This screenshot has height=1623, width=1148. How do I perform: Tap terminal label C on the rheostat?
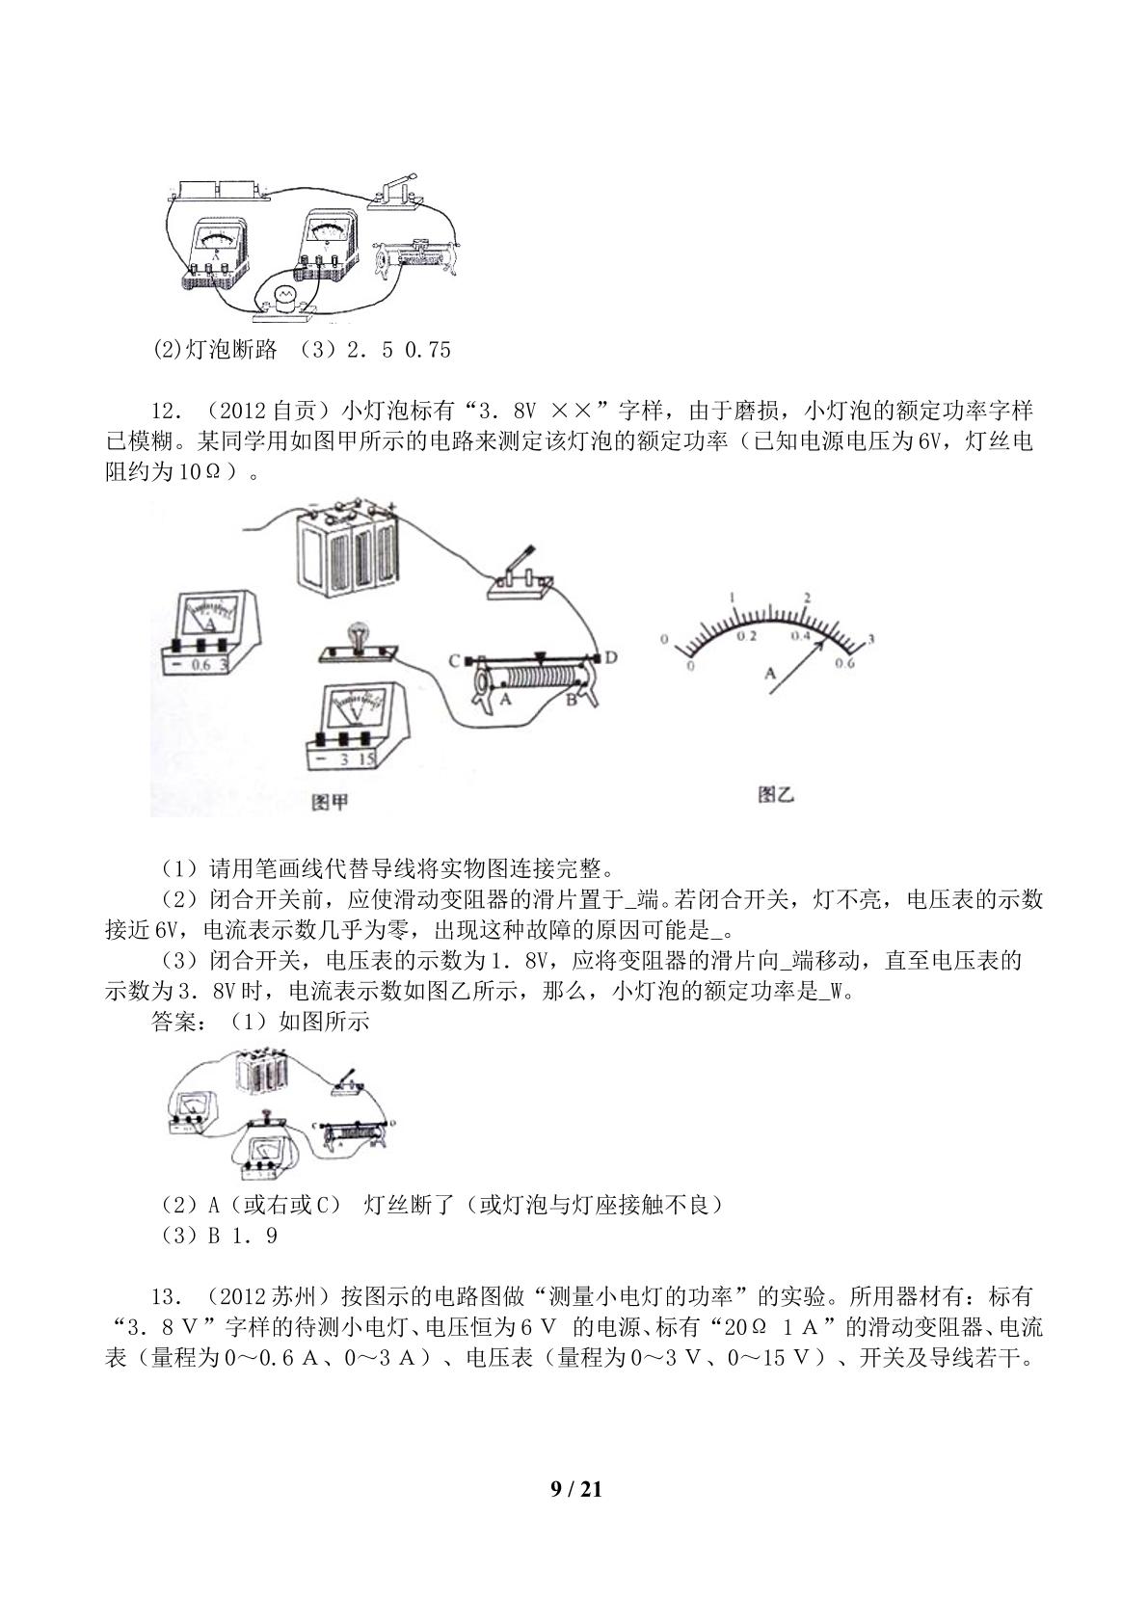click(x=454, y=660)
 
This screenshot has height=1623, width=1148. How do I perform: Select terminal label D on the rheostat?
click(x=610, y=657)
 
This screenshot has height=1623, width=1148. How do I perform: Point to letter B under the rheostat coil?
click(x=571, y=699)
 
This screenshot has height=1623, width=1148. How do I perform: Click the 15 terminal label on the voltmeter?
click(x=366, y=758)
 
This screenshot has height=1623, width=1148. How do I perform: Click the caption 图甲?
click(x=330, y=802)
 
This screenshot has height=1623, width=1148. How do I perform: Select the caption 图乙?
click(x=776, y=795)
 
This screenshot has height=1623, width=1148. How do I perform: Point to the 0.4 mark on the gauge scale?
click(x=801, y=635)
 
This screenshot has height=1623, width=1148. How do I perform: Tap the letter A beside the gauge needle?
click(x=770, y=673)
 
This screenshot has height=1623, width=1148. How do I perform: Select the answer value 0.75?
click(x=428, y=350)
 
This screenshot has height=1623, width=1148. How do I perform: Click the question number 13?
click(x=166, y=1296)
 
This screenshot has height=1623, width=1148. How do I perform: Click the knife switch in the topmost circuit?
click(x=396, y=194)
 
